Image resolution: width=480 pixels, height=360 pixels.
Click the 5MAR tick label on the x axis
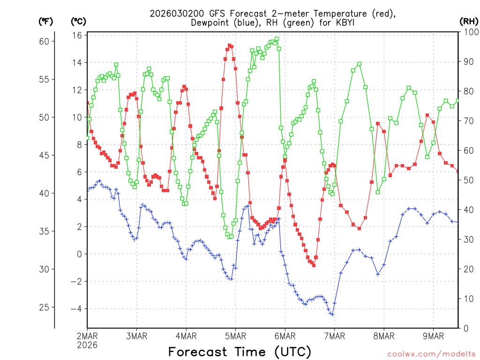[235, 336]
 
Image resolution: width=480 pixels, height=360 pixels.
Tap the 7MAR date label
[334, 336]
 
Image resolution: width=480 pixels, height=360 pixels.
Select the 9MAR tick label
[433, 336]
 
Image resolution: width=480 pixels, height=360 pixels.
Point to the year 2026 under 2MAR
[87, 345]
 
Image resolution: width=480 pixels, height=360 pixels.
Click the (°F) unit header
[45, 21]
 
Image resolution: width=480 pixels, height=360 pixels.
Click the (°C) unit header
[78, 21]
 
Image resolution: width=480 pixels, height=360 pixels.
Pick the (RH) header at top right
[469, 21]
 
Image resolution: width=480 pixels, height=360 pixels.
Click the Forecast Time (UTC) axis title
[240, 352]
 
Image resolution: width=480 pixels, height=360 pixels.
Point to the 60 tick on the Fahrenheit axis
[44, 41]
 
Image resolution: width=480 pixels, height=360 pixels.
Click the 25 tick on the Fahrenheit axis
[44, 307]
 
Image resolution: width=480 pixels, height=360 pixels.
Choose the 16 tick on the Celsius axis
[77, 35]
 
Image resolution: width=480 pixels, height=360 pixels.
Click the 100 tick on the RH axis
[469, 32]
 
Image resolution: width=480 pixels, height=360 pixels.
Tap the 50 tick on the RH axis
[467, 180]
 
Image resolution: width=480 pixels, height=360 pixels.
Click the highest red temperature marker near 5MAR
[229, 45]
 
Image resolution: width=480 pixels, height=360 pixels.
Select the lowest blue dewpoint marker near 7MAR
[332, 314]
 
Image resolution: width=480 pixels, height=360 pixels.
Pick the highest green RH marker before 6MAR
[277, 39]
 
